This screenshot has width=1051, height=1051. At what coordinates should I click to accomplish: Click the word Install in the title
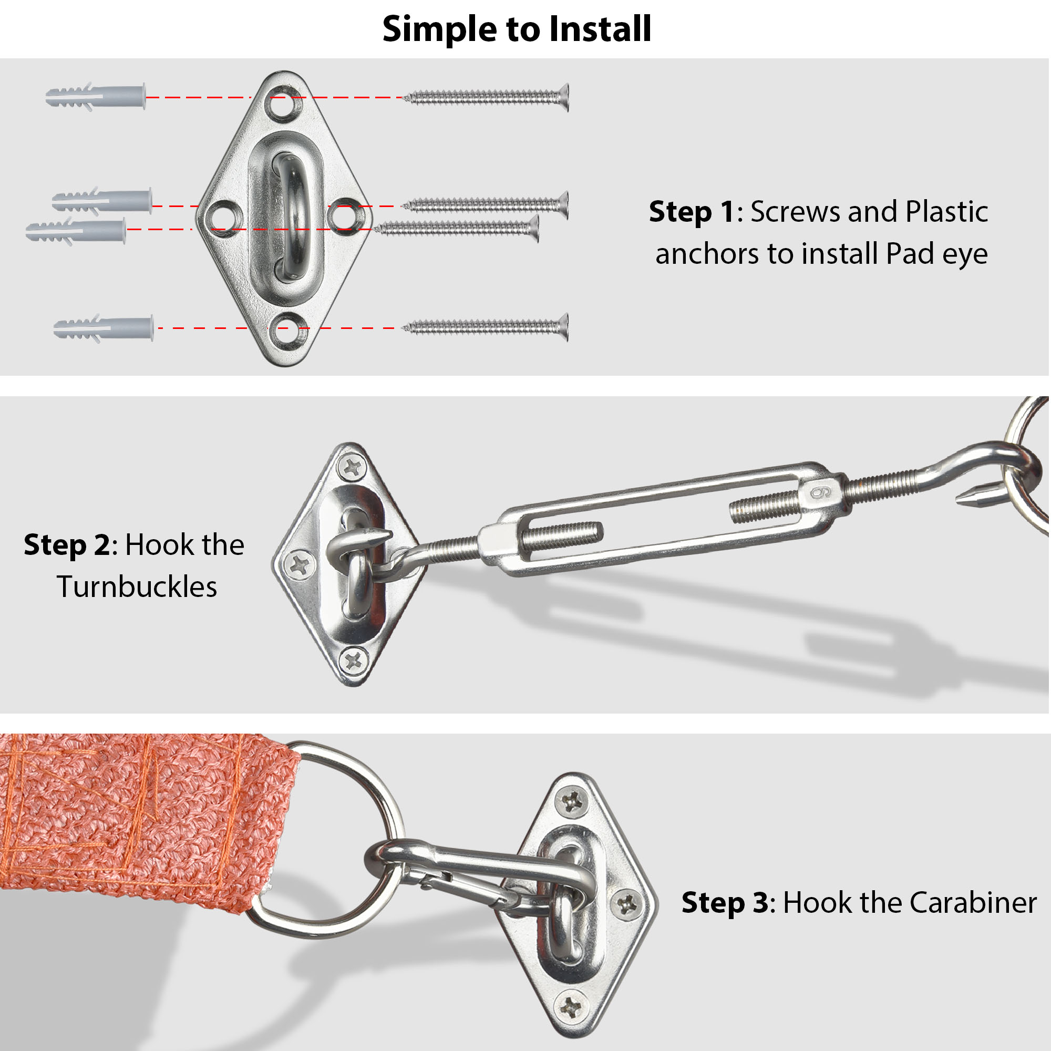pyautogui.click(x=600, y=28)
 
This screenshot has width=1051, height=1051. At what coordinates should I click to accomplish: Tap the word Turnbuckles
pyautogui.click(x=137, y=587)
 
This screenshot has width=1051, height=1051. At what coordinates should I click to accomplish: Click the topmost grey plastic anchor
pyautogui.click(x=96, y=97)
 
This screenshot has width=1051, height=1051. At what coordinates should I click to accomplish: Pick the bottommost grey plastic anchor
pyautogui.click(x=104, y=328)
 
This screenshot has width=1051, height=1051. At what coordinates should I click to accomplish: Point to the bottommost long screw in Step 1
pyautogui.click(x=486, y=327)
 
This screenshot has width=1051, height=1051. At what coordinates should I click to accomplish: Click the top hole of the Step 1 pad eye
pyautogui.click(x=282, y=102)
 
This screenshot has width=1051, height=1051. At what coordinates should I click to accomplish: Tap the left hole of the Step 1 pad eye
pyautogui.click(x=223, y=218)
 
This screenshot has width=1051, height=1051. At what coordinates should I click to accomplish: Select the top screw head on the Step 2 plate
pyautogui.click(x=353, y=467)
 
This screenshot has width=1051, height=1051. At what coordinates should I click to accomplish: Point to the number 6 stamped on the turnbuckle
pyautogui.click(x=820, y=492)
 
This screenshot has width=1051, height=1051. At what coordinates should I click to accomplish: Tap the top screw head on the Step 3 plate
pyautogui.click(x=571, y=801)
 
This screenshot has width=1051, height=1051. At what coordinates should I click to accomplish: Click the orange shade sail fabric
pyautogui.click(x=136, y=816)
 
